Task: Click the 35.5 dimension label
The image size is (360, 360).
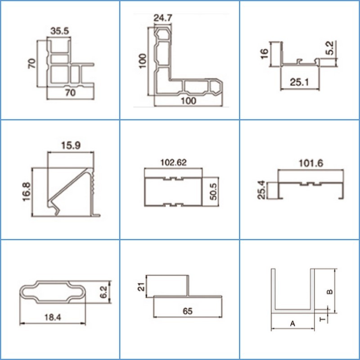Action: coord(60,31)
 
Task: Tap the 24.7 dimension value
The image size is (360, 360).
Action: coord(163,18)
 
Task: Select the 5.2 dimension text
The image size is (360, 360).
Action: coord(330,48)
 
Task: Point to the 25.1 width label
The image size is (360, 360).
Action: coord(299,82)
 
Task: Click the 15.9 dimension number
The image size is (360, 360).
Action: coord(71,145)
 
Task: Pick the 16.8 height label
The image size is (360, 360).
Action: coord(27,192)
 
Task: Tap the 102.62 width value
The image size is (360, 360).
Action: coord(173,162)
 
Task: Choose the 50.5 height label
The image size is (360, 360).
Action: coord(213,192)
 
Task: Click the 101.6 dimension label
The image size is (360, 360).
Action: coord(311,163)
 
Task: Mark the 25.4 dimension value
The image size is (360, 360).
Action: coord(261,190)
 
